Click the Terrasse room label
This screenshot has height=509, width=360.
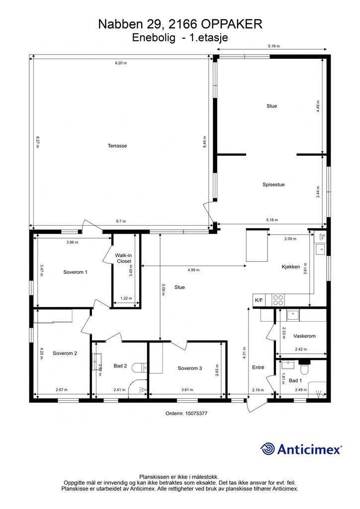(x=117, y=146)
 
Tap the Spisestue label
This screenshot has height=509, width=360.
(x=273, y=185)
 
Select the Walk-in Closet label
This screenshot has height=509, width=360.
(x=123, y=258)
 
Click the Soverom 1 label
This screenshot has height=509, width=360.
(x=75, y=272)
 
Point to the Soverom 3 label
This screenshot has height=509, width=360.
(x=190, y=368)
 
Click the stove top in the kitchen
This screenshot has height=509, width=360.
(x=278, y=300)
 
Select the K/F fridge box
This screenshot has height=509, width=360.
(x=259, y=300)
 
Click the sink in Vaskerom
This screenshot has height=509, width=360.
(x=293, y=315)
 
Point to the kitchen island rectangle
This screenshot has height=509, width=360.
(x=257, y=245)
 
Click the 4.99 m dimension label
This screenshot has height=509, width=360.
(x=193, y=270)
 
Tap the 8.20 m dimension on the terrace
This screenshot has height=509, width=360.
(x=121, y=63)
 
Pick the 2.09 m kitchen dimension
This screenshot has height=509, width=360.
(x=290, y=239)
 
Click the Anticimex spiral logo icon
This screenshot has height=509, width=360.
(x=268, y=449)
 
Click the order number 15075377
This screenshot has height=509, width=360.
(x=196, y=413)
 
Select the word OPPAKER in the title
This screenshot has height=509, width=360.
(x=232, y=24)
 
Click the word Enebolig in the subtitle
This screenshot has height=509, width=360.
(x=154, y=38)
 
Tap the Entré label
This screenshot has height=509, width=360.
(x=258, y=367)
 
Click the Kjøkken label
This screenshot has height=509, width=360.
(x=290, y=267)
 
